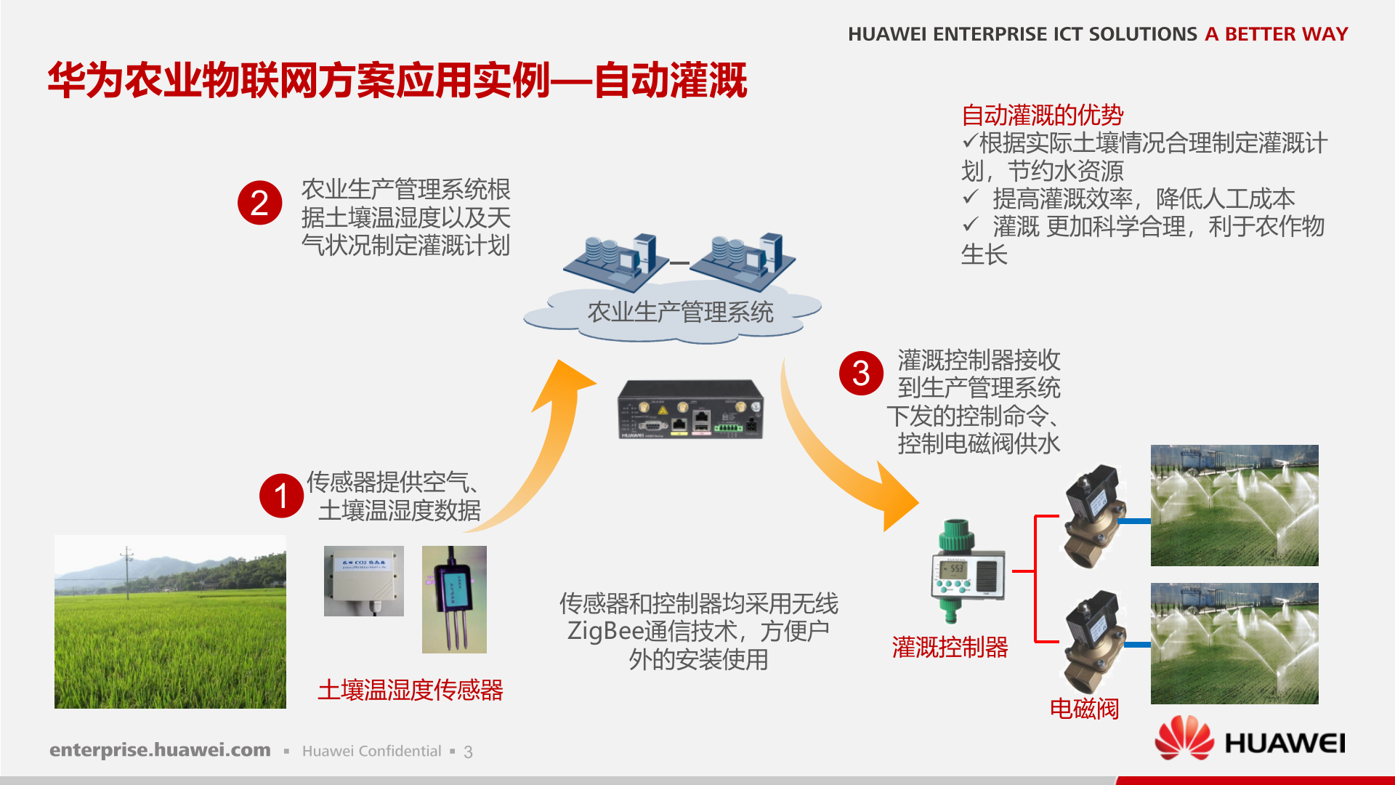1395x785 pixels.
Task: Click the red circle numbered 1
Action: pos(281,496)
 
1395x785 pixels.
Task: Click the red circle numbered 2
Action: pos(259,203)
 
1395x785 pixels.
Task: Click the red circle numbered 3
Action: pos(861,374)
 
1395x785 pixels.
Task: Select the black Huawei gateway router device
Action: pos(690,410)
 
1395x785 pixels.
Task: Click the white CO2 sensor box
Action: pos(363,581)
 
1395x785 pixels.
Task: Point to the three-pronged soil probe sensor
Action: pos(454,600)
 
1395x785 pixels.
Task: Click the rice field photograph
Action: pos(170,622)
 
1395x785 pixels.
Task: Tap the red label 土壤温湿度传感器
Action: pos(410,690)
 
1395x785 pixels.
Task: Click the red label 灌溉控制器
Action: pos(950,647)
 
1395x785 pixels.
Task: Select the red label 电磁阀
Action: pos(1084,709)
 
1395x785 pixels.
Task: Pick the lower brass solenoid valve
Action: pos(1093,641)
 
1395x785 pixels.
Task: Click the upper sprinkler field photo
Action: pos(1234,505)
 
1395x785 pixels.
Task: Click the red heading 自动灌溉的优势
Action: pos(1042,115)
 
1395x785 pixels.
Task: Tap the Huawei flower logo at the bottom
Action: pos(1184,738)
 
